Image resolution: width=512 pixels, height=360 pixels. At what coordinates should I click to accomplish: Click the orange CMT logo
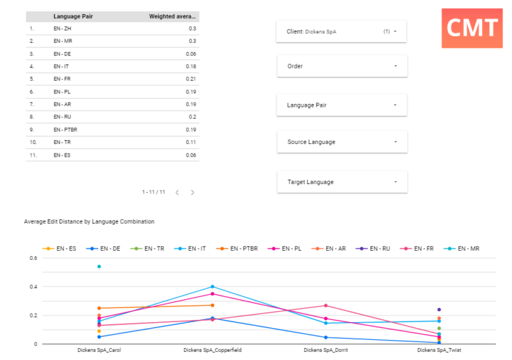[471, 28]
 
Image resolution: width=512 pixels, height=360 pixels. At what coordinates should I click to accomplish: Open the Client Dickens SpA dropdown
[341, 31]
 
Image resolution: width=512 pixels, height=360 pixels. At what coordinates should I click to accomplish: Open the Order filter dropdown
[341, 66]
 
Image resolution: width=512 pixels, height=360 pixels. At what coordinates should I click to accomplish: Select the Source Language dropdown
[341, 142]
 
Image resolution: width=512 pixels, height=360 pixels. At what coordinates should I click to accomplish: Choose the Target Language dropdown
[341, 182]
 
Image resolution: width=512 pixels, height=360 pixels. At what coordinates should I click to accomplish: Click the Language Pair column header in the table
[73, 16]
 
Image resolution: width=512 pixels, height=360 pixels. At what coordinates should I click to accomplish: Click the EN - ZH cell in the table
[61, 29]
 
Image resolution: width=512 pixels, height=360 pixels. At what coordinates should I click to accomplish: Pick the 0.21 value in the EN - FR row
[191, 79]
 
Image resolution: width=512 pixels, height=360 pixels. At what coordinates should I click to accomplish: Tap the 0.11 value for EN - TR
[191, 143]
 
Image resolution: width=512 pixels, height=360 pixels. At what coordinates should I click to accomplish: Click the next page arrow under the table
[193, 192]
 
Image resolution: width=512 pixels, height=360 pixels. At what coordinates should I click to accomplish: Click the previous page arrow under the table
[177, 192]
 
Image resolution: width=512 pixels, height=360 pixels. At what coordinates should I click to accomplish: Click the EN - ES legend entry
[59, 249]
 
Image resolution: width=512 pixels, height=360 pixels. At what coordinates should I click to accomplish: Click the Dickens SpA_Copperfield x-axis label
[212, 350]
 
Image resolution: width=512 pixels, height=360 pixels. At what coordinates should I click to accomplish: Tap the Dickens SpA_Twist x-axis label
[439, 350]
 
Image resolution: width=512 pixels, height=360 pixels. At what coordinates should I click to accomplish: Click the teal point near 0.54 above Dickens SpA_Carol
[99, 267]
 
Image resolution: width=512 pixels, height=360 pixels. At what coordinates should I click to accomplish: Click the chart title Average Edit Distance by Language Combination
[89, 221]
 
